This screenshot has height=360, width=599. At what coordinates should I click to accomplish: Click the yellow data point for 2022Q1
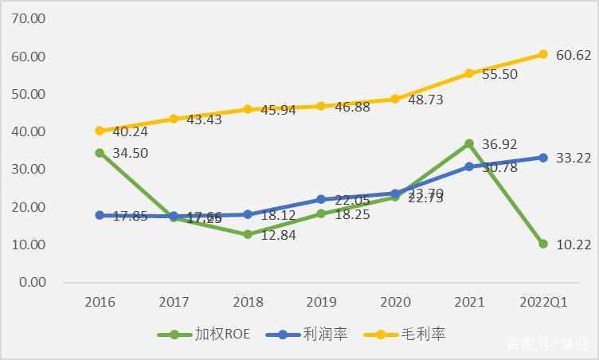(543, 54)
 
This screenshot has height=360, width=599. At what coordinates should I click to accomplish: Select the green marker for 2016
(100, 153)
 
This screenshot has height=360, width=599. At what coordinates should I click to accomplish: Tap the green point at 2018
(248, 234)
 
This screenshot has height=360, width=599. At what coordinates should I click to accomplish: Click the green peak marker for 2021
(469, 144)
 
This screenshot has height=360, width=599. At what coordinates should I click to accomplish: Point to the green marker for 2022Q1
(543, 244)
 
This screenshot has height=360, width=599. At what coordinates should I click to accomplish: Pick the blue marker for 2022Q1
(543, 158)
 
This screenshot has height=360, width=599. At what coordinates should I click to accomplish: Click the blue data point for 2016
(100, 215)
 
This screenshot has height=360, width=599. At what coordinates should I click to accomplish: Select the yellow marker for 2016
(100, 131)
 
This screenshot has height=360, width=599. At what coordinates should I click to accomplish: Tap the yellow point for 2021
(469, 73)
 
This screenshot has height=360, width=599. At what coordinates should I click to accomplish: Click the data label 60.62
(574, 55)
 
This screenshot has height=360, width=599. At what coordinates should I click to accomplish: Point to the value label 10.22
(574, 245)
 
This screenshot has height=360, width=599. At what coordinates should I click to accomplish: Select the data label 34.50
(129, 153)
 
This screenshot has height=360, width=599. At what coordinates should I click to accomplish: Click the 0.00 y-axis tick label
(33, 283)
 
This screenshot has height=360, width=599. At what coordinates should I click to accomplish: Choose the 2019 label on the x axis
(322, 303)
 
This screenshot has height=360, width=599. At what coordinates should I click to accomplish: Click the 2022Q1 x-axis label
(543, 303)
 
